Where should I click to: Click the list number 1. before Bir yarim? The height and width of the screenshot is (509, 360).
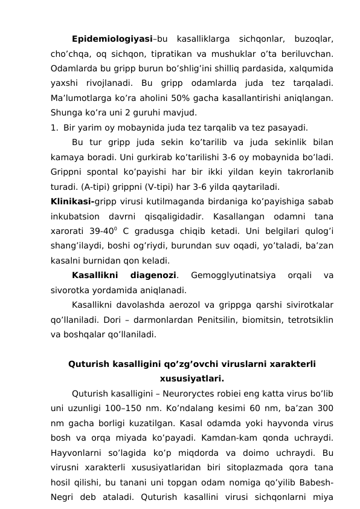coord(54,128)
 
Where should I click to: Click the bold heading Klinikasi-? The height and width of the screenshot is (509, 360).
coord(74,201)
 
